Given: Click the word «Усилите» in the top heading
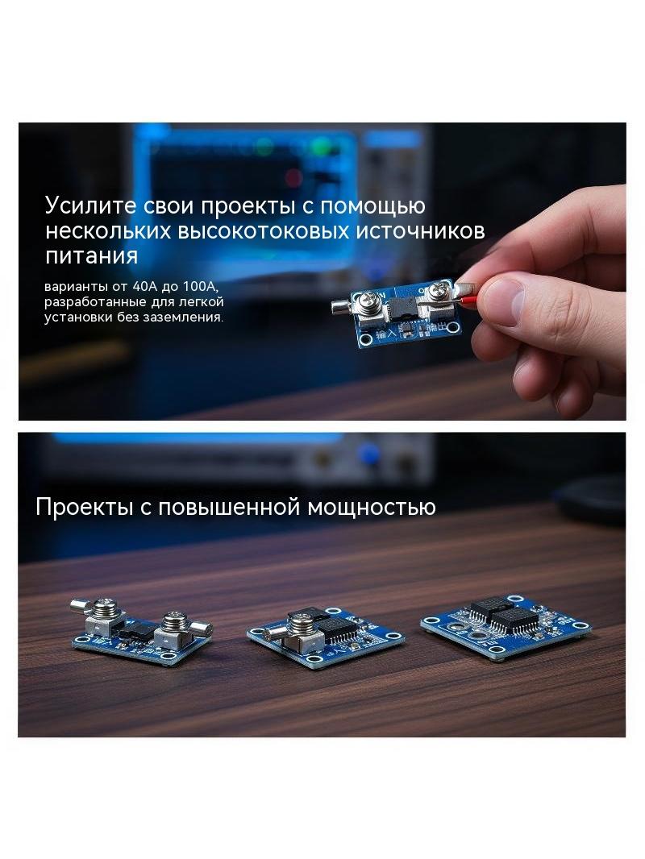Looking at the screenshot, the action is tap(89, 206).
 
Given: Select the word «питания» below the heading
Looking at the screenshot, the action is tap(91, 256).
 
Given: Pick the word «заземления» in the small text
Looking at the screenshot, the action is tap(182, 317).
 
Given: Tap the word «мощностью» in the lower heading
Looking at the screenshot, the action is tap(371, 507).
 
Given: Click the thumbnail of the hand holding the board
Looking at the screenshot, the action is tap(322, 272).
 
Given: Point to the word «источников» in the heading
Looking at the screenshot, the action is tap(421, 231).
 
